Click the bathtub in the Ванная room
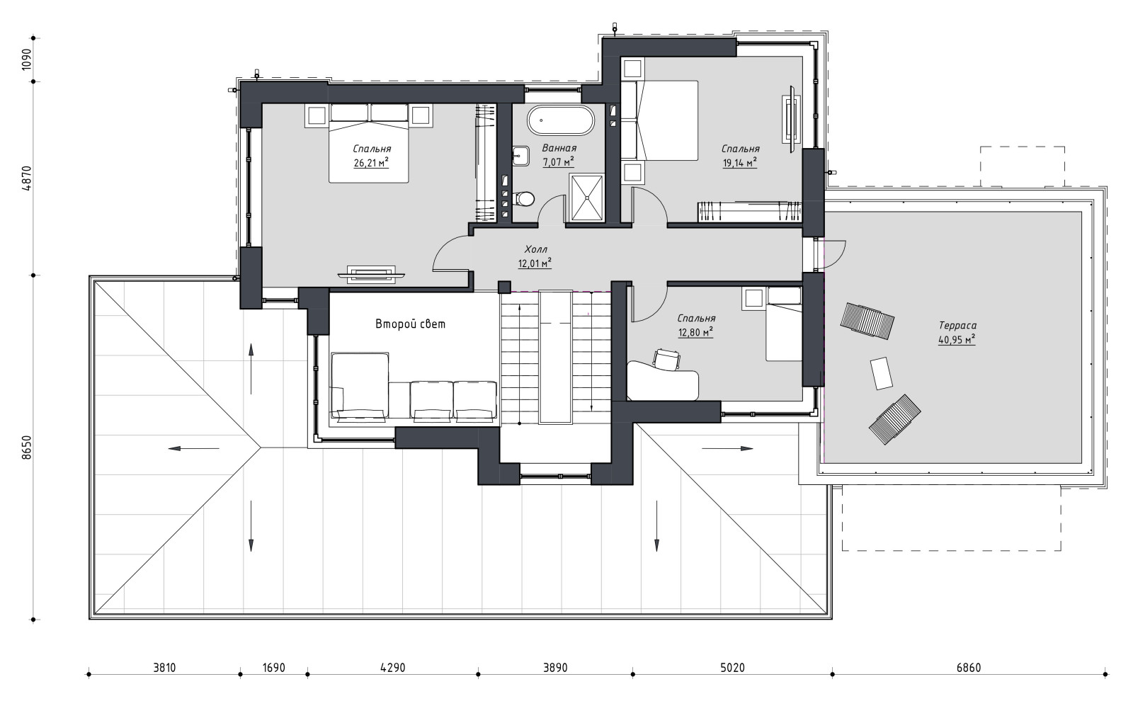pos(560,120)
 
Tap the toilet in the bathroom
pos(525,199)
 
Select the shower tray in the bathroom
pos(587,198)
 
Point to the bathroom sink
pos(520,156)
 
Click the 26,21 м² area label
pos(371,163)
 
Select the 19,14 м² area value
pos(739,163)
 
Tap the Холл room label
pos(535,249)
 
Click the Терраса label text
pos(957,326)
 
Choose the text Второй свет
pos(410,324)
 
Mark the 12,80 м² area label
pos(695,332)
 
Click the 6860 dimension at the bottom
pos(969,668)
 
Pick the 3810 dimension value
pos(164,668)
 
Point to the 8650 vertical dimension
pos(27,447)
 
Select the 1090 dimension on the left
pos(27,59)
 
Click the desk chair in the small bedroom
pos(666,359)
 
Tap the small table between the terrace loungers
pos(882,373)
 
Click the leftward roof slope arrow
pos(194,448)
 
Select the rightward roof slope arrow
pos(727,448)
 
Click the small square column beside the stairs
pos(504,287)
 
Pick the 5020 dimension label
pos(732,668)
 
